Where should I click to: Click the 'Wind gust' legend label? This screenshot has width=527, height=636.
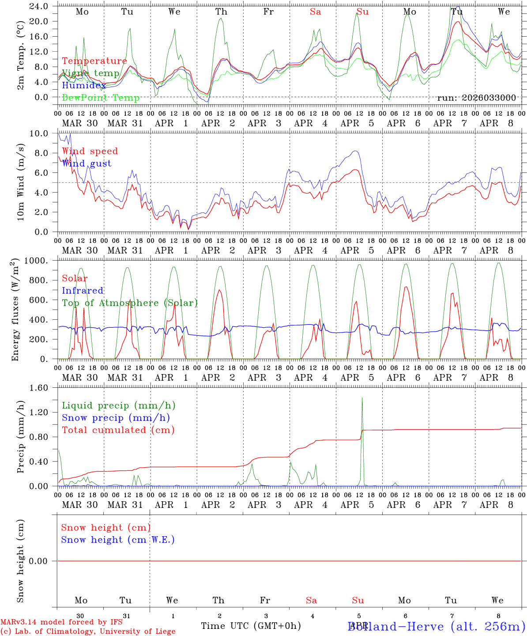(87, 163)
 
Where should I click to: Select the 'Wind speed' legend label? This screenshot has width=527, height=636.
(90, 151)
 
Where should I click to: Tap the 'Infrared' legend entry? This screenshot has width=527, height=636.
(83, 291)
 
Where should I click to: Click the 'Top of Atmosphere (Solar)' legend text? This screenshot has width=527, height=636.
(130, 303)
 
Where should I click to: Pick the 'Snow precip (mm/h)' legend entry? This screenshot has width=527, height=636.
(116, 418)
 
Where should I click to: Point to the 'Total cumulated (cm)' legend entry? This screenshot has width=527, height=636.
(118, 430)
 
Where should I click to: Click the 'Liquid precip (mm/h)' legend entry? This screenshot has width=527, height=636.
(118, 405)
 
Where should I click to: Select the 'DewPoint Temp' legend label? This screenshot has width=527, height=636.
(101, 98)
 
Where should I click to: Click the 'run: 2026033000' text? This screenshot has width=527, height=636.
(476, 98)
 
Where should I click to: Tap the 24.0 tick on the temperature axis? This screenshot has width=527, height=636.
(40, 6)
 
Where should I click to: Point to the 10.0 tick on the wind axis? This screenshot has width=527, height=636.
(40, 133)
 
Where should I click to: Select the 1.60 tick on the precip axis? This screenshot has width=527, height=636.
(40, 388)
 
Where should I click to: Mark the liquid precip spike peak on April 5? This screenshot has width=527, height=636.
(362, 397)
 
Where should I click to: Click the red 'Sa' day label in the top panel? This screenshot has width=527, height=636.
(315, 12)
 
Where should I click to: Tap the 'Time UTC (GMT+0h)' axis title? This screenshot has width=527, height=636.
(251, 626)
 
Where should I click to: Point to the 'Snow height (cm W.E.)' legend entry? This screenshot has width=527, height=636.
(118, 540)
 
